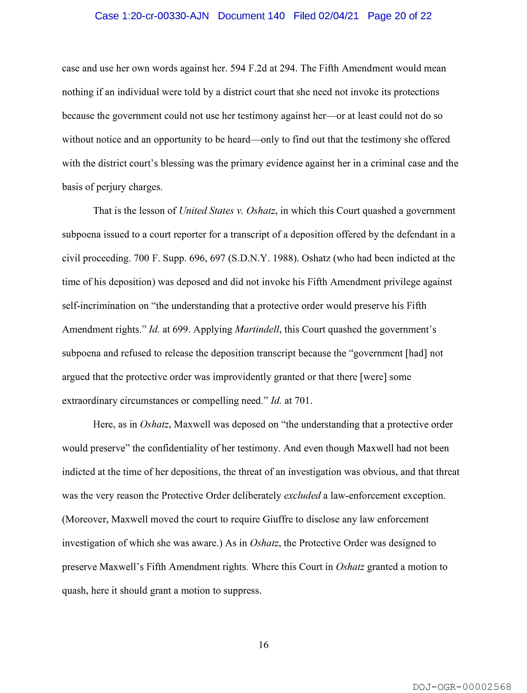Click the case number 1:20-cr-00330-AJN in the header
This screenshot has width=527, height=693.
point(152,16)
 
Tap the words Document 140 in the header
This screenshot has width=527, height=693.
point(251,16)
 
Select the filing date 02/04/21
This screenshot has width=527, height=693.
point(339,16)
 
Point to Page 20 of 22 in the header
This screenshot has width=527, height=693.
point(400,16)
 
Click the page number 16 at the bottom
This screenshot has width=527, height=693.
point(263,645)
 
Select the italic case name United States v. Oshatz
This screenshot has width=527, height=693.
point(227,211)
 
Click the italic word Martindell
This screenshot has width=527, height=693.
point(257,330)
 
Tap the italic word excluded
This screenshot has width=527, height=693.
point(302,496)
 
